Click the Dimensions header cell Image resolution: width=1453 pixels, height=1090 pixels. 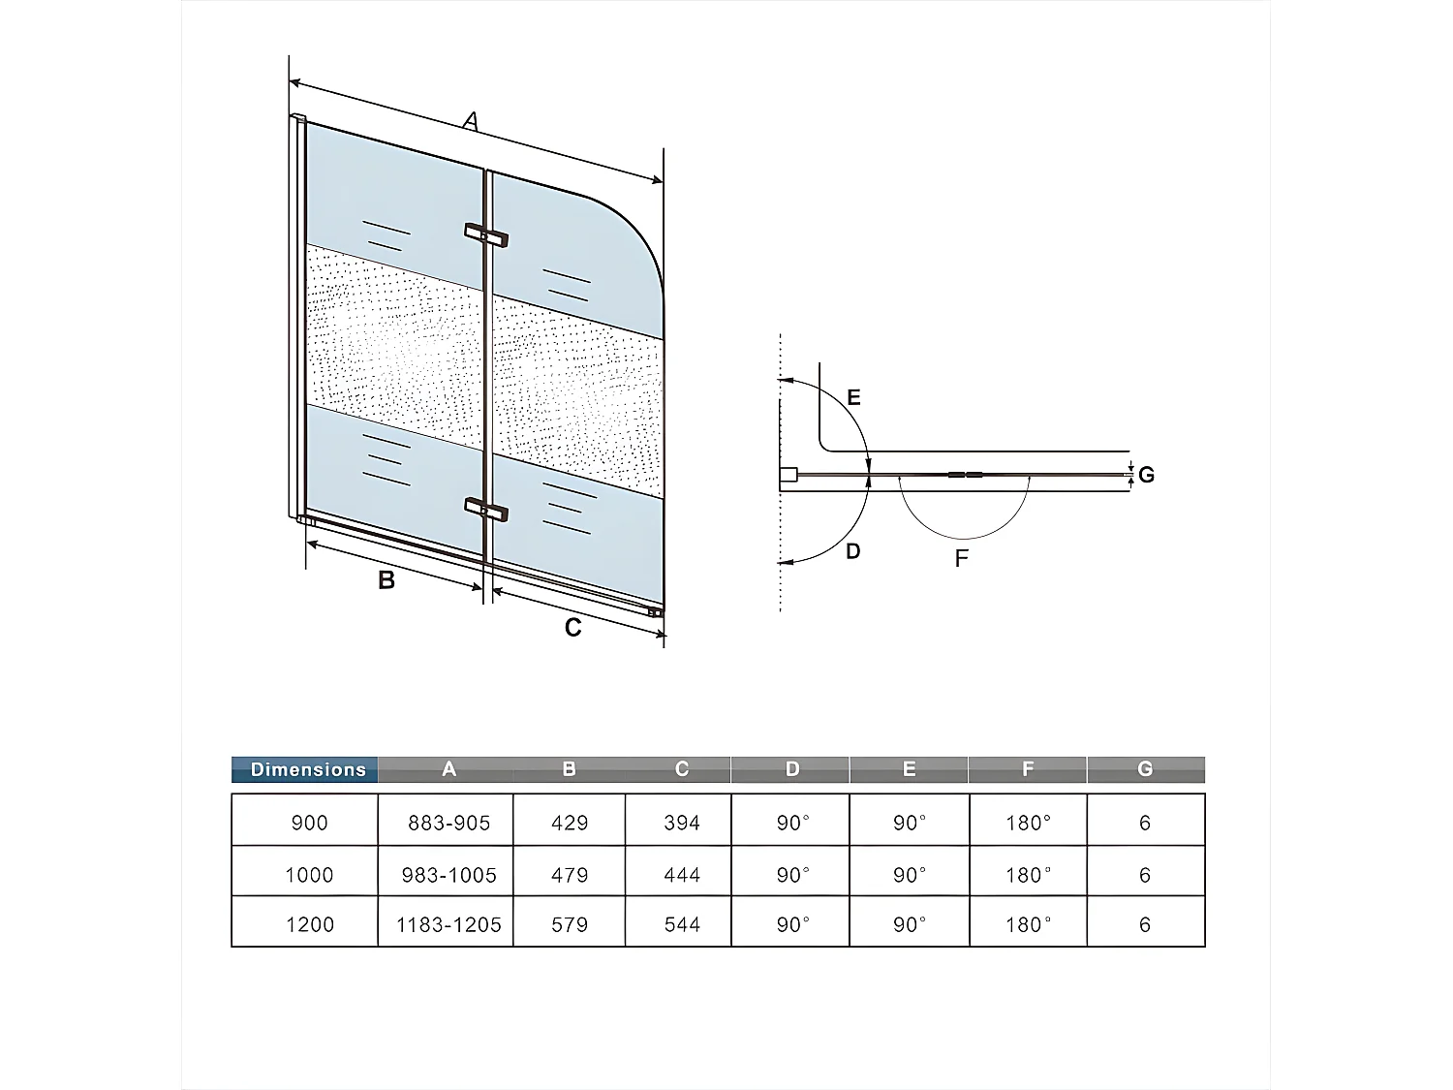point(307,770)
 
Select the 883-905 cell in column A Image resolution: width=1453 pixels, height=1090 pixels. point(448,823)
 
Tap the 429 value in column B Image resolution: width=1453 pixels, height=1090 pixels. point(570,823)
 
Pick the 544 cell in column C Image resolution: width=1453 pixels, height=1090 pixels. point(682,924)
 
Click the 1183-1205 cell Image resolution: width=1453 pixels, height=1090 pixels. point(448,924)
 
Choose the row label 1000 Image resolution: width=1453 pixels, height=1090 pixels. point(309,875)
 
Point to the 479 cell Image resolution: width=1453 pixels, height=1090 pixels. point(570,875)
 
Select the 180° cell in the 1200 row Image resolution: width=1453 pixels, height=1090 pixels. point(1028,924)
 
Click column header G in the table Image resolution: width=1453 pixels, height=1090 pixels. point(1145,769)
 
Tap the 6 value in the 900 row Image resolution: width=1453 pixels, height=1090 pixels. point(1145,823)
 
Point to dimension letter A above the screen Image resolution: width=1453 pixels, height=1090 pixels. point(471,122)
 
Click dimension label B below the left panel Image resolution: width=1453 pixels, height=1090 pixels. point(386,580)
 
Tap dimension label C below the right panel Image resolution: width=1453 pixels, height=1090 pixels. point(572,628)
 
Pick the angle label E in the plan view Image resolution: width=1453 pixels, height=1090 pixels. point(853,397)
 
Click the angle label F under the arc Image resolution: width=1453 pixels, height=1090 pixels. point(961,558)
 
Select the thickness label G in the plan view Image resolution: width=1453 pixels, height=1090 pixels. point(1146,475)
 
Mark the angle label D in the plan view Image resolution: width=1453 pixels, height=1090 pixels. point(852,551)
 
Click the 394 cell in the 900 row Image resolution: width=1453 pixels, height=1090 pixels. point(682,823)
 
